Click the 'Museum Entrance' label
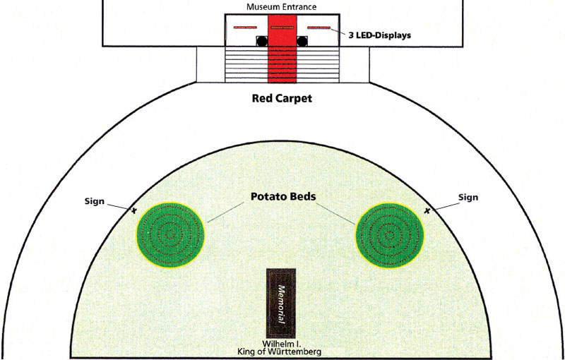coord(282,7)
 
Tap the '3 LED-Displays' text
coord(381,34)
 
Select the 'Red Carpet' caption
coord(282,98)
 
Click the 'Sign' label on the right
coord(468,198)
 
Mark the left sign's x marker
coord(133,210)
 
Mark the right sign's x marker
coord(427,210)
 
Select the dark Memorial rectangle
coord(281,303)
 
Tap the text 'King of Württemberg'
coord(281,352)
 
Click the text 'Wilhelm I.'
coord(281,343)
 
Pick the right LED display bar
coord(319,27)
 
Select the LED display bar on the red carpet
coord(282,27)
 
